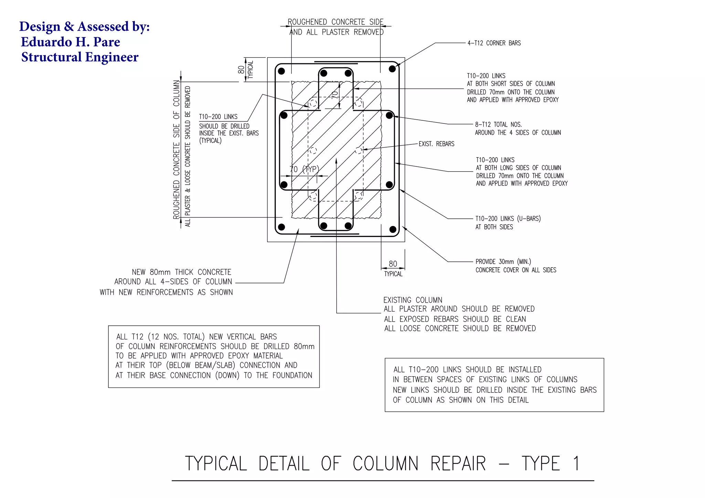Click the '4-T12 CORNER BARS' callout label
point(494,43)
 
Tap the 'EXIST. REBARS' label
point(436,144)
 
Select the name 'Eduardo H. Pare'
point(71,42)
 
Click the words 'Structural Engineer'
point(80,57)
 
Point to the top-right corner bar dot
point(392,69)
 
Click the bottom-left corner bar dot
point(281,227)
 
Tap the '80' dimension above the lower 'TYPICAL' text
point(393,264)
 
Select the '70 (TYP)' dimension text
point(304,169)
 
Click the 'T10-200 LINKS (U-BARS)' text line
point(508,219)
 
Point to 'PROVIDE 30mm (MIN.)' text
point(503,262)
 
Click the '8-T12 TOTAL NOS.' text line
point(498,124)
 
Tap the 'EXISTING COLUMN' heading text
point(413,300)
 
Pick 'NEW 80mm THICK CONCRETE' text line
point(181,272)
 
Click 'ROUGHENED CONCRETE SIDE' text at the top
point(335,22)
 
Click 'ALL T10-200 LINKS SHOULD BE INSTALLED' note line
point(467,370)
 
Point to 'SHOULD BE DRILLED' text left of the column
point(224,126)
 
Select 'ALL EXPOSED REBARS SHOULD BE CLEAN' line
point(455,319)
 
